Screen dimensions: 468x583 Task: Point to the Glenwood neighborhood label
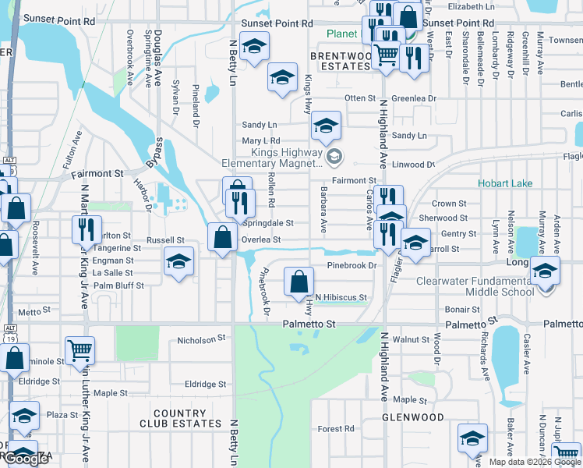[x=412, y=417]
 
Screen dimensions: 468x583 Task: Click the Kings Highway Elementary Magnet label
[x=282, y=158]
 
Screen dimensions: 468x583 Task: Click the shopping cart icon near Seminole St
[x=79, y=350]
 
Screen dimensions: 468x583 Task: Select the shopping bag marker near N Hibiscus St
[x=299, y=281]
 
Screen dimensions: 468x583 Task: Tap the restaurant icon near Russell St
[x=86, y=229]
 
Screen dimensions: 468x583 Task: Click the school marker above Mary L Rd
[x=326, y=126]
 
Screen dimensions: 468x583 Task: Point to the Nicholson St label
[x=201, y=339]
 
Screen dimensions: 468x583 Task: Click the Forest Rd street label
[x=336, y=429]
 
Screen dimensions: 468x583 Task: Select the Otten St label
[x=360, y=98]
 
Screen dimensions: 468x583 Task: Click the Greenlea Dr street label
[x=414, y=98]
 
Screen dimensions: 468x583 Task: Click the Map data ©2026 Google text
[x=535, y=462]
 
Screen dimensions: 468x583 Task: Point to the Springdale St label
[x=270, y=223]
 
